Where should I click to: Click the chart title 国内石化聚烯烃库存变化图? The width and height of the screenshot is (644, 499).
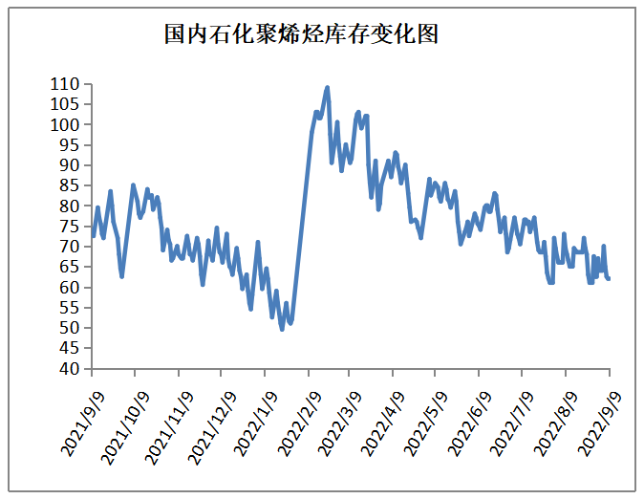(x=301, y=35)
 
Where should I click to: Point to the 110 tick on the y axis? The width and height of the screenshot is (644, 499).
(x=67, y=84)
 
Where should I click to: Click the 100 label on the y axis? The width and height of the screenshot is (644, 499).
(x=67, y=124)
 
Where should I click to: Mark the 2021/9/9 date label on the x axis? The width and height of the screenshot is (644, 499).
(x=85, y=425)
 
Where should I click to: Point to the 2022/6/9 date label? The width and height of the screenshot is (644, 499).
(x=468, y=425)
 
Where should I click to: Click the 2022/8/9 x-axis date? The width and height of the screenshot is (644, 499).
(x=553, y=425)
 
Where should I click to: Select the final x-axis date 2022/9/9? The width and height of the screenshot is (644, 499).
(x=596, y=425)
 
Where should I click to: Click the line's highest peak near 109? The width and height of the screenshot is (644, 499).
(x=328, y=87)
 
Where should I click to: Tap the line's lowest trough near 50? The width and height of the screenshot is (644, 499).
(x=282, y=329)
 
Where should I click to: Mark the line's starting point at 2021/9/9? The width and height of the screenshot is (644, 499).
(x=93, y=235)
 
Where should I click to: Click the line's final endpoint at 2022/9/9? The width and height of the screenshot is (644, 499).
(x=609, y=278)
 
